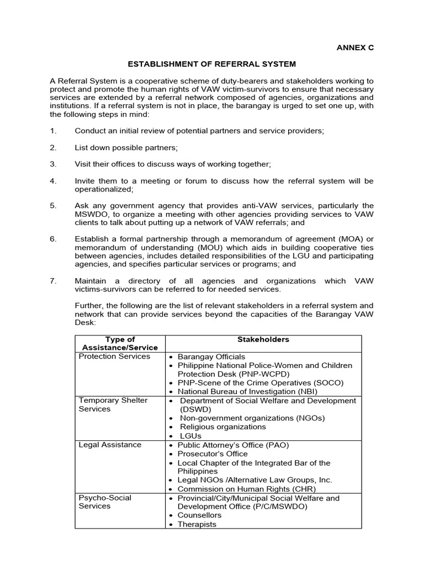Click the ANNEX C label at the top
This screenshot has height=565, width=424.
[x=355, y=47]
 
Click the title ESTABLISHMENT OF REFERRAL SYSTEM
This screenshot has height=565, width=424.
[x=211, y=65]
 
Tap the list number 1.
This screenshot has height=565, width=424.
[x=53, y=131]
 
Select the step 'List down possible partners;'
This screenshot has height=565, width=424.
[x=126, y=148]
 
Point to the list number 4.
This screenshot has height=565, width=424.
[x=53, y=181]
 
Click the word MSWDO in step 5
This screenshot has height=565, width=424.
[x=90, y=214]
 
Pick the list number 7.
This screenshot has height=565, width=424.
[x=53, y=281]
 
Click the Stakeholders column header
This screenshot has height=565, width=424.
[x=263, y=339]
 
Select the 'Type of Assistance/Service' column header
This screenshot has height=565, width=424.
[x=120, y=343]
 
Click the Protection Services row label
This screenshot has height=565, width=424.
[x=114, y=356]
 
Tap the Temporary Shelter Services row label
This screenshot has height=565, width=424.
[x=113, y=404]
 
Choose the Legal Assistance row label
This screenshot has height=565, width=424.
[x=110, y=445]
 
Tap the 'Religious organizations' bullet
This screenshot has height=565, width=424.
[x=222, y=427]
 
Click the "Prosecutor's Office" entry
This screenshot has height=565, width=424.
[x=213, y=454]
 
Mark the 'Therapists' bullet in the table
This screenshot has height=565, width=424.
[x=197, y=524]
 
